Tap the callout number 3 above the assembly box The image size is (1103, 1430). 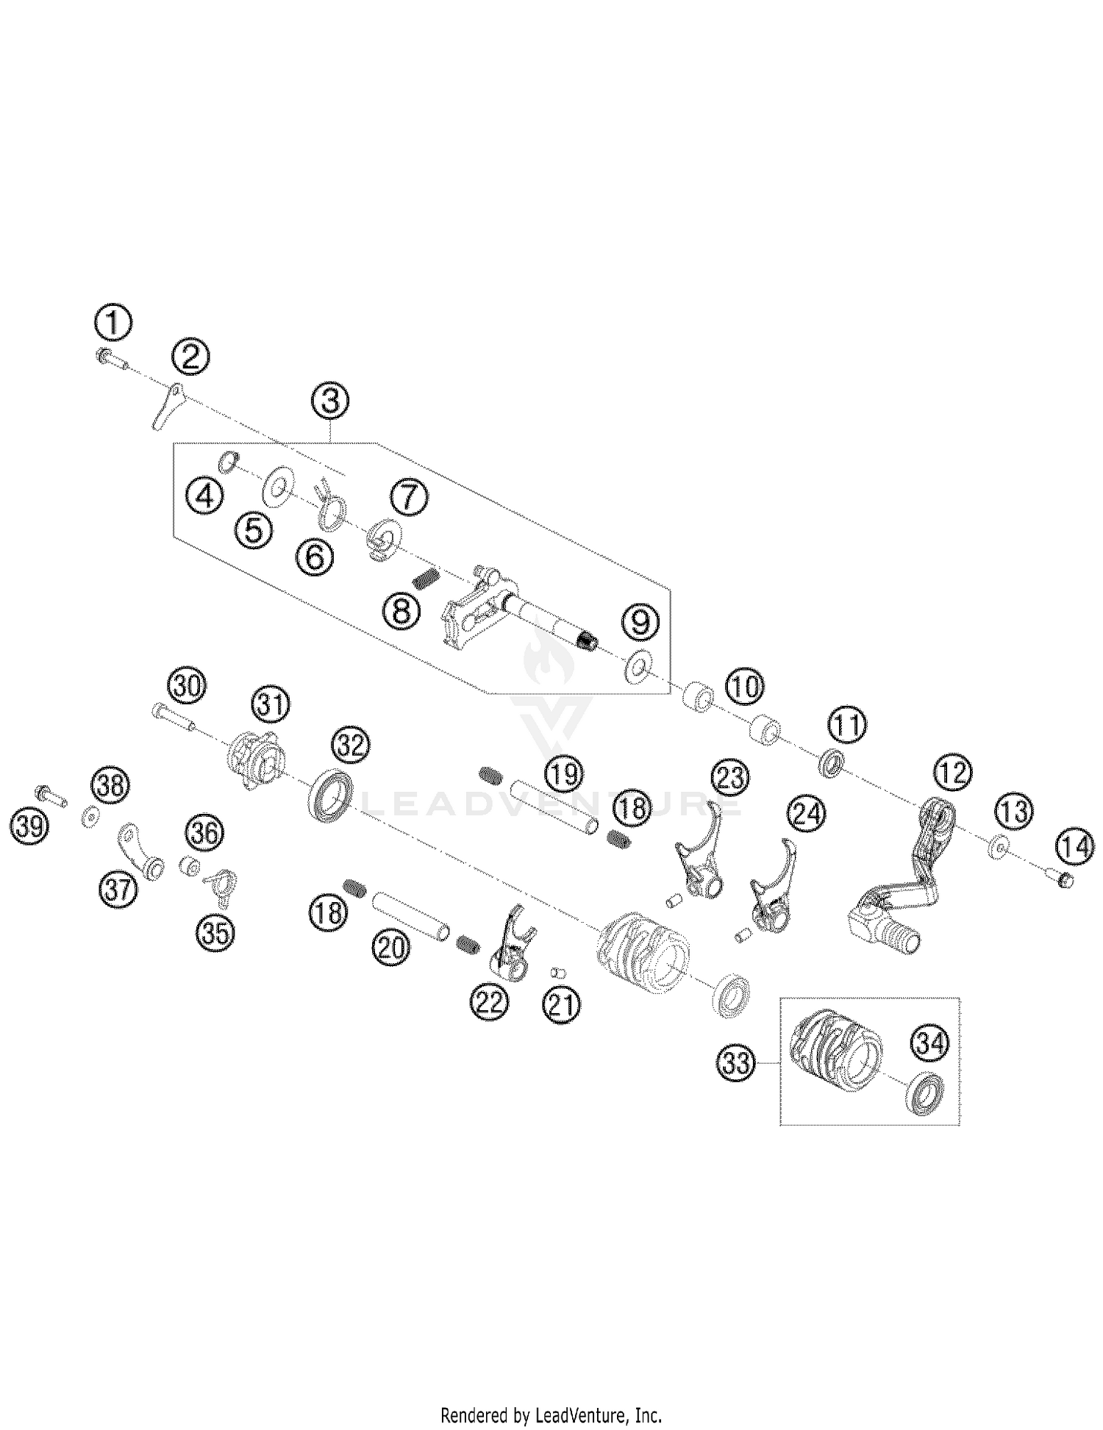(329, 401)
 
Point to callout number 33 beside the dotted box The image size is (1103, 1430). (735, 1063)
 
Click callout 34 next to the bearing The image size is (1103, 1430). (930, 1043)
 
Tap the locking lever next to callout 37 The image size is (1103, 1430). (140, 851)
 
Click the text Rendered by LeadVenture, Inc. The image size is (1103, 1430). (551, 1415)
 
